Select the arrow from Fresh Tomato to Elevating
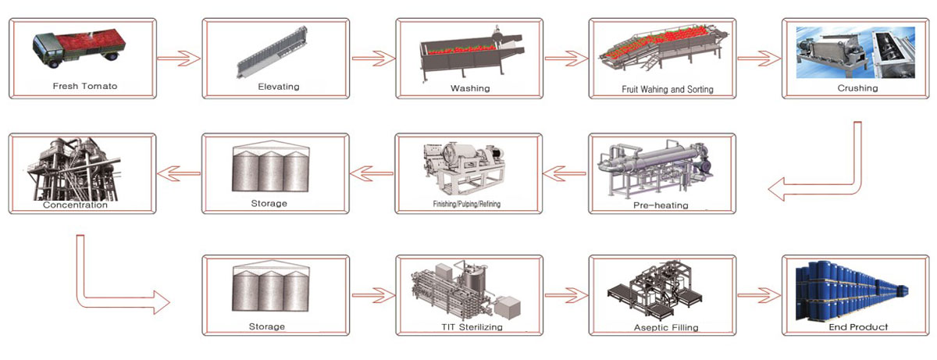click(179, 59)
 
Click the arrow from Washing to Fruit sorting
click(565, 59)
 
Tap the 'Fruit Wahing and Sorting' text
click(667, 89)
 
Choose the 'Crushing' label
click(857, 88)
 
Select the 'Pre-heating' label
click(660, 205)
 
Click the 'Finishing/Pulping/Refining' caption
click(467, 205)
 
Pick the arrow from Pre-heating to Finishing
click(565, 173)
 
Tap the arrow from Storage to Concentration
click(179, 173)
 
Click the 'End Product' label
click(857, 326)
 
